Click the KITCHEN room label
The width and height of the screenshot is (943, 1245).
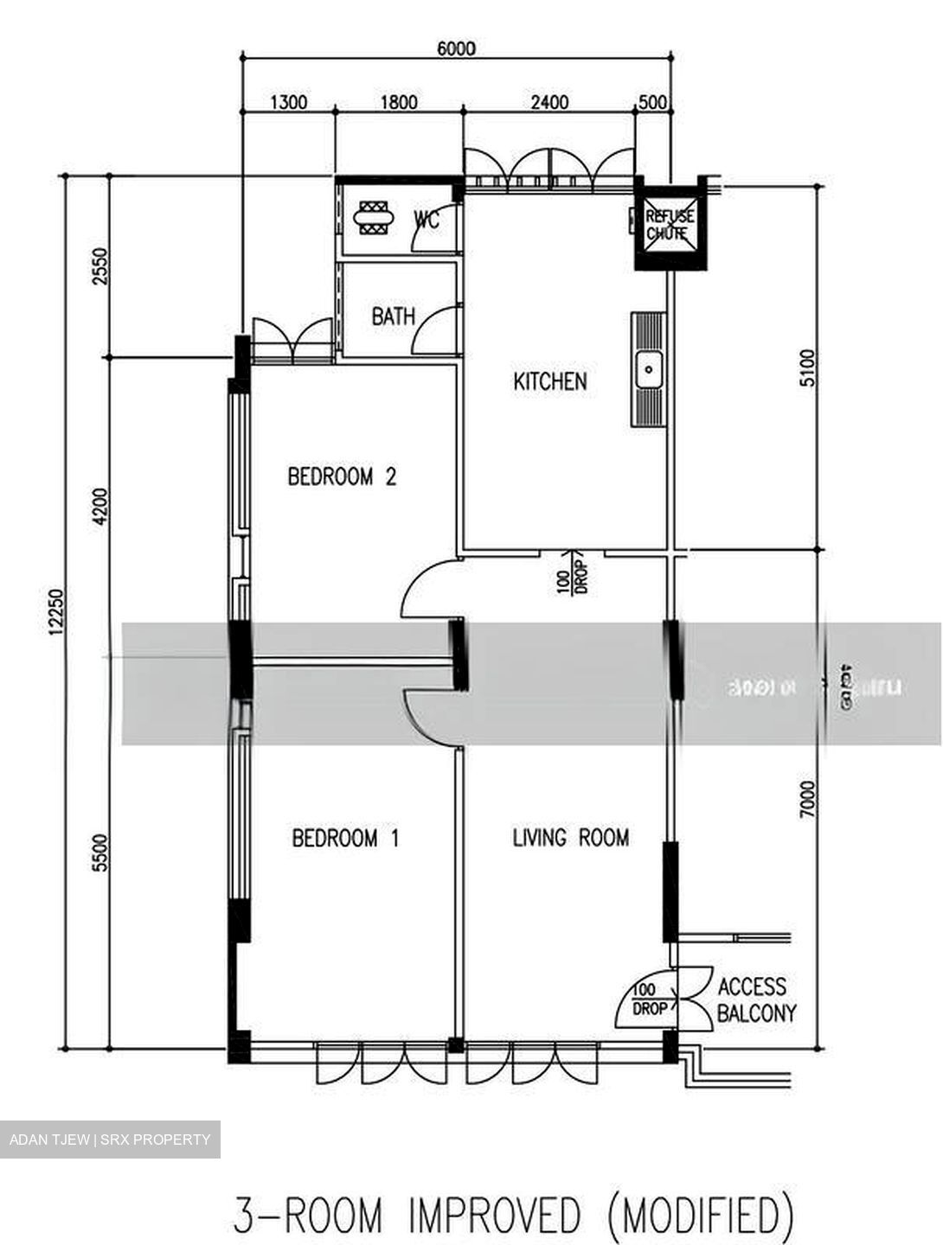pyautogui.click(x=550, y=381)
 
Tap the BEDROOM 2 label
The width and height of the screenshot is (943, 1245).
pyautogui.click(x=342, y=476)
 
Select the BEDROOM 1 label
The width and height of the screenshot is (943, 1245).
pyautogui.click(x=345, y=838)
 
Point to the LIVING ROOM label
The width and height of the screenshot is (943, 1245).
pyautogui.click(x=571, y=837)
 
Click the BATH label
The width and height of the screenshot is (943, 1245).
pyautogui.click(x=393, y=316)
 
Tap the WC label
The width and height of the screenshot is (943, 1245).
pyautogui.click(x=427, y=220)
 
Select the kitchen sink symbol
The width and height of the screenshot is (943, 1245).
pyautogui.click(x=649, y=370)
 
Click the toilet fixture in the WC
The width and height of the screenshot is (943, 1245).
pyautogui.click(x=375, y=218)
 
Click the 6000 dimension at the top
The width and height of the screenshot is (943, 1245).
pyautogui.click(x=456, y=48)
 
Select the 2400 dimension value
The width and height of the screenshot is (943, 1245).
pyautogui.click(x=549, y=103)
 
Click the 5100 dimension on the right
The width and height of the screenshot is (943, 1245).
pyautogui.click(x=806, y=368)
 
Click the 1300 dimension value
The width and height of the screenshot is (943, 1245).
pyautogui.click(x=288, y=103)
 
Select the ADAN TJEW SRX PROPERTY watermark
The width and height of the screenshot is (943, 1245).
pyautogui.click(x=110, y=1140)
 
